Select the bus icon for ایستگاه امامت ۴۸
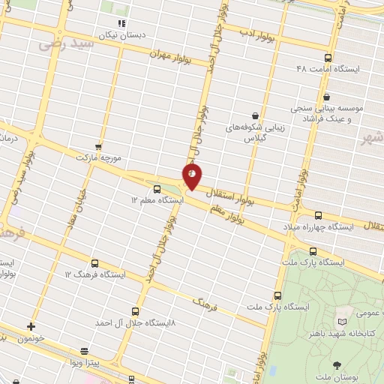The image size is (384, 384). [327, 58]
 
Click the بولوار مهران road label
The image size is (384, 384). [171, 55]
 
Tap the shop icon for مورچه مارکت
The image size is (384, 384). [97, 146]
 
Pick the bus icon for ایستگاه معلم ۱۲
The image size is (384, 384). [157, 189]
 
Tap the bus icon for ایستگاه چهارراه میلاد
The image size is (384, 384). [318, 214]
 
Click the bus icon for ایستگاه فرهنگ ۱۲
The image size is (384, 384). [94, 263]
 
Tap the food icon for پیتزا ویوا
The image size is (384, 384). [85, 351]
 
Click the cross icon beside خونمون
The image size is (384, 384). [31, 326]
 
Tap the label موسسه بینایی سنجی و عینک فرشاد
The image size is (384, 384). [334, 113]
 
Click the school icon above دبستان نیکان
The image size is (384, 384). [121, 23]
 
